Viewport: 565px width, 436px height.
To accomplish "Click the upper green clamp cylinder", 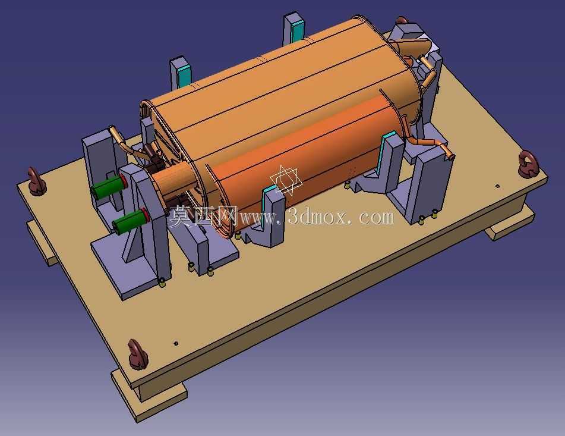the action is click(x=109, y=187).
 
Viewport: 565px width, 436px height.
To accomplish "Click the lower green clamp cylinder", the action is click(x=131, y=221).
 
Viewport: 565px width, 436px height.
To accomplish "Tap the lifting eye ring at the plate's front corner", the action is click(x=137, y=354).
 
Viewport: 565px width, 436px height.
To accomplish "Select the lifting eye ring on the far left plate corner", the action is click(x=36, y=181).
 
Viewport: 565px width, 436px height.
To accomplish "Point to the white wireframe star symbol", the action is click(x=286, y=180).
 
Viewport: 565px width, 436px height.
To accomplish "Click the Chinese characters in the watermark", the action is click(x=204, y=216).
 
